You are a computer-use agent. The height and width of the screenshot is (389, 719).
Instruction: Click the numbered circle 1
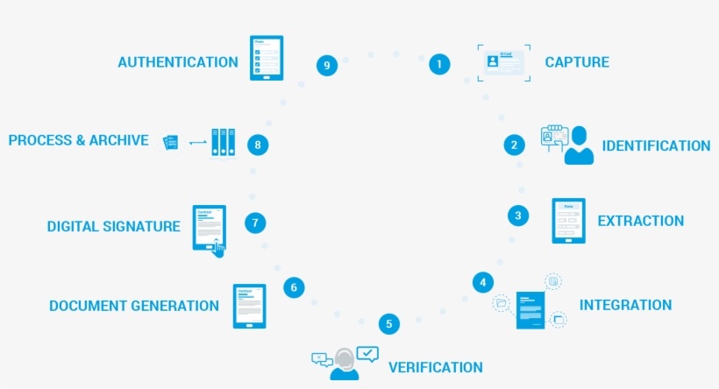439,63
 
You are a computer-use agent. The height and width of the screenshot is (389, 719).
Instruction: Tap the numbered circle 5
390,324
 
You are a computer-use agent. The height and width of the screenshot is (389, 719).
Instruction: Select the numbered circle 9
327,65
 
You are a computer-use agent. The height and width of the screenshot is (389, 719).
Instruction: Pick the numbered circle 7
255,223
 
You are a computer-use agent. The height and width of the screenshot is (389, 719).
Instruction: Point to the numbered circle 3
518,215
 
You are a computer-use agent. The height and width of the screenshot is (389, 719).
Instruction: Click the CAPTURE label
577,62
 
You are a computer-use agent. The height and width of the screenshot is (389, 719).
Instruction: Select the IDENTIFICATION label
656,145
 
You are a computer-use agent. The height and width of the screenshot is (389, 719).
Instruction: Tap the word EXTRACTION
640,221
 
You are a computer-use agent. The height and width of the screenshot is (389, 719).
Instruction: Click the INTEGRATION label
625,305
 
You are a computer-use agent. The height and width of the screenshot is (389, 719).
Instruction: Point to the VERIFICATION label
436,367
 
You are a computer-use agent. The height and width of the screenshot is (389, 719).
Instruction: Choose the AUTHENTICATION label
178,62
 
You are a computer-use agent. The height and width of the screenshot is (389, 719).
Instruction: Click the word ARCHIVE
119,140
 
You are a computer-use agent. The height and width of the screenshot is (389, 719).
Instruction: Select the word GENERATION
174,306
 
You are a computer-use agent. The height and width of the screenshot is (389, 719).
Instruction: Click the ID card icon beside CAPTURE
505,62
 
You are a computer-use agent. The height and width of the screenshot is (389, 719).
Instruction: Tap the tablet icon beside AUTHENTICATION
267,58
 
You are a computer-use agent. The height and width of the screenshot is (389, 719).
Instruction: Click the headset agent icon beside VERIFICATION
345,363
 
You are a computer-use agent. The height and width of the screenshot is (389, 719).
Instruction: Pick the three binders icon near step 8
224,142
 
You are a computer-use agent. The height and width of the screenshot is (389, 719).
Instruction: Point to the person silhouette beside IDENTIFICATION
579,145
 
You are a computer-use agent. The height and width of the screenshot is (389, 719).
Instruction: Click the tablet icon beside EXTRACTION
568,220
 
